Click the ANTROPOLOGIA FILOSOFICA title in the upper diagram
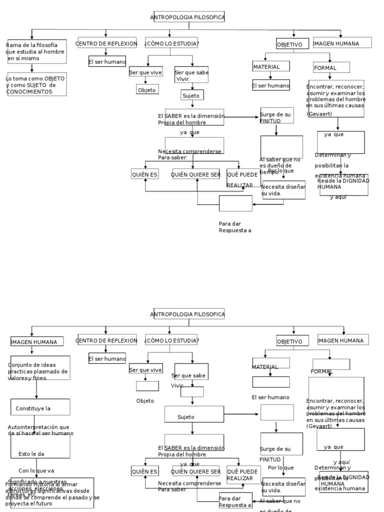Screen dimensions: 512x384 (x=187, y=17)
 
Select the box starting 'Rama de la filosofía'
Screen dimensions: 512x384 (x=36, y=51)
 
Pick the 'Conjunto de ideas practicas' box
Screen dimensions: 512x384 (x=40, y=371)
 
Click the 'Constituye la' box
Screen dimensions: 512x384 (x=40, y=408)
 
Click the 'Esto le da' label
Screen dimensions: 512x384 (x=31, y=454)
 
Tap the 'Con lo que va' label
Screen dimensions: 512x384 (x=36, y=470)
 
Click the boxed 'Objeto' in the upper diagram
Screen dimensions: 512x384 (x=147, y=90)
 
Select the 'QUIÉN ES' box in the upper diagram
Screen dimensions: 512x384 (x=144, y=174)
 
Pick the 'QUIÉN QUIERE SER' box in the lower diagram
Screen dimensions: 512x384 (x=196, y=471)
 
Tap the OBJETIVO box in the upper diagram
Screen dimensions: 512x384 (x=289, y=45)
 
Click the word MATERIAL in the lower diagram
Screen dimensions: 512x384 (x=264, y=367)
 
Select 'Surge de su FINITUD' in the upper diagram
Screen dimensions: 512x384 (x=275, y=117)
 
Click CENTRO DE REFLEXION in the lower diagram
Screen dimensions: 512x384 (x=106, y=340)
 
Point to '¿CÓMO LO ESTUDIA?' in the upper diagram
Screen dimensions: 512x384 (x=171, y=43)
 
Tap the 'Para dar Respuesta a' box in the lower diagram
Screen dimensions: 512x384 (x=235, y=501)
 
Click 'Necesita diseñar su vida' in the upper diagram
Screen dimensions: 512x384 (x=283, y=189)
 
